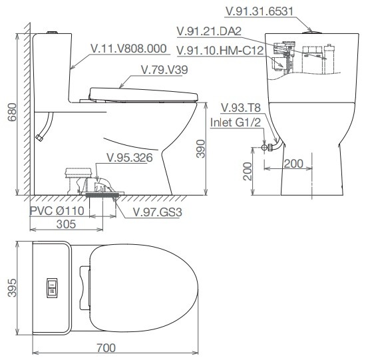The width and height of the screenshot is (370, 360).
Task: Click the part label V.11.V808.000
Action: click(128, 49)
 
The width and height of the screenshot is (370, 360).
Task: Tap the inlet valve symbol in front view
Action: click(265, 148)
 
